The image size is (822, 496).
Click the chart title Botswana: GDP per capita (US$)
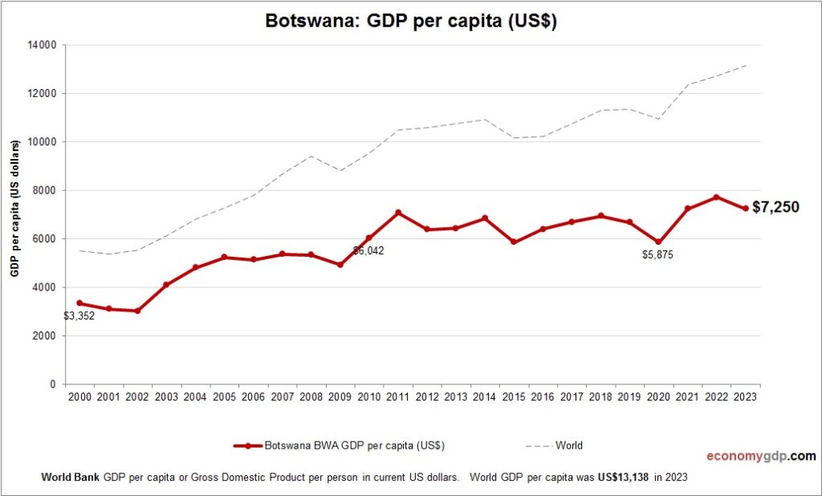[x=411, y=21]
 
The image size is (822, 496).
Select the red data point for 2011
[x=398, y=213]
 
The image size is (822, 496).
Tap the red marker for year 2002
[x=137, y=311]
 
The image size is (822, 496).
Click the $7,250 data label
[x=775, y=208]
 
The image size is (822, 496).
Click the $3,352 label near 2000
[x=79, y=316]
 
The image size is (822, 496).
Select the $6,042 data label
[x=368, y=250]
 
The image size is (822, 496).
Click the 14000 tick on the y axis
[x=41, y=45]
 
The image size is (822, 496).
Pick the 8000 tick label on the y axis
[x=43, y=190]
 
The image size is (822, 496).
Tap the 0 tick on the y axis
[x=52, y=384]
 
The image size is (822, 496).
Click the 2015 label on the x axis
[x=514, y=396]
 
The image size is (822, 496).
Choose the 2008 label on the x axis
[x=311, y=396]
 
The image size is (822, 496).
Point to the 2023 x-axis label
[x=746, y=396]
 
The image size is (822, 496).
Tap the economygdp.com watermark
[x=760, y=456]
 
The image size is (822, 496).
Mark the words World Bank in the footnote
[x=71, y=477]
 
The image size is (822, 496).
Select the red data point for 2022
[x=717, y=197]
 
